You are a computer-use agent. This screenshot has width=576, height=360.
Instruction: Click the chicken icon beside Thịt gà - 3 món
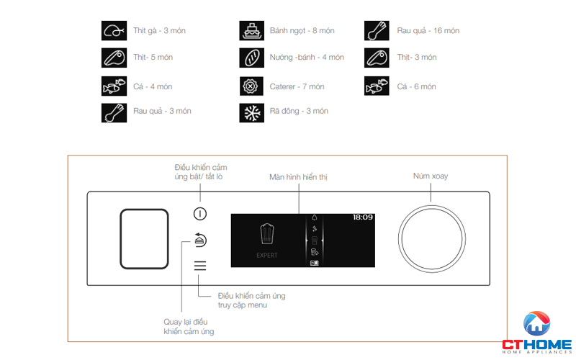click(x=113, y=31)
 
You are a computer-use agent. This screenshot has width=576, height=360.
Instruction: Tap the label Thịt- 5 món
click(x=153, y=58)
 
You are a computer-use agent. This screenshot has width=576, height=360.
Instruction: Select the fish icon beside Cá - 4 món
click(x=113, y=86)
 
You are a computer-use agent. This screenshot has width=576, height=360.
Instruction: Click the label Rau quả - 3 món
click(x=162, y=111)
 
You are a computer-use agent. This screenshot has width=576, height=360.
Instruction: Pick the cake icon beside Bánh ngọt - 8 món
click(x=251, y=31)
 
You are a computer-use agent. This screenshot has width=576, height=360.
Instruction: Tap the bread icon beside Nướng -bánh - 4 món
click(x=251, y=58)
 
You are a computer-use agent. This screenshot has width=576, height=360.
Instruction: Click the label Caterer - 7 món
click(x=297, y=86)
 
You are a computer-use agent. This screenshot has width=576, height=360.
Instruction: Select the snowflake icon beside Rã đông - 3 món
click(x=251, y=112)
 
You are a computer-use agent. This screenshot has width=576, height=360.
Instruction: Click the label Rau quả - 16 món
click(x=428, y=31)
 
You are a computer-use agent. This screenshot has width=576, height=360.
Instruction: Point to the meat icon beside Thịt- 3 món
click(x=377, y=58)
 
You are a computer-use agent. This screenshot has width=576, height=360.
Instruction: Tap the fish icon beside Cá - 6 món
click(x=377, y=86)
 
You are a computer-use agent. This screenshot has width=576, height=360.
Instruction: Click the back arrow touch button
click(x=200, y=240)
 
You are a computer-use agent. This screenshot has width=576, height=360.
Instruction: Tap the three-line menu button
click(x=200, y=266)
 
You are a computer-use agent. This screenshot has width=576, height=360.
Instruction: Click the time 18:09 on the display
click(x=362, y=217)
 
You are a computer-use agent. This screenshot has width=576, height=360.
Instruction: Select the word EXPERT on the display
click(x=267, y=256)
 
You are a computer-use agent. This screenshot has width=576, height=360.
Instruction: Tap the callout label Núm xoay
click(x=430, y=176)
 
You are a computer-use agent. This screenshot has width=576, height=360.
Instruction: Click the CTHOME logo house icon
click(x=536, y=325)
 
